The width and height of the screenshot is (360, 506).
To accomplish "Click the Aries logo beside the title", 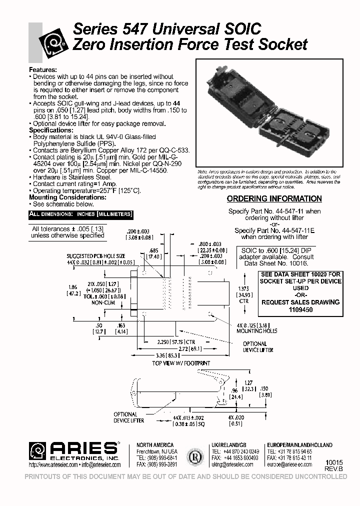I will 54,44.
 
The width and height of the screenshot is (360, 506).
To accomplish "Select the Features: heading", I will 43,69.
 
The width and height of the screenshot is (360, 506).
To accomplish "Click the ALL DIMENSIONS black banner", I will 80,214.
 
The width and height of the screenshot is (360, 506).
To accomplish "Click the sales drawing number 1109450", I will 301,309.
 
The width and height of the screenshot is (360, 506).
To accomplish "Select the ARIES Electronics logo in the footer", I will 74,450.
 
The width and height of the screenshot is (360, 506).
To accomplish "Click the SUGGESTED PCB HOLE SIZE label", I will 96,255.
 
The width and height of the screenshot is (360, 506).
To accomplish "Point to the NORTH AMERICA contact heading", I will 155,445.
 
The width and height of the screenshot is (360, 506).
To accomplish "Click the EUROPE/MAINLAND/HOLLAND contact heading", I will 299,445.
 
